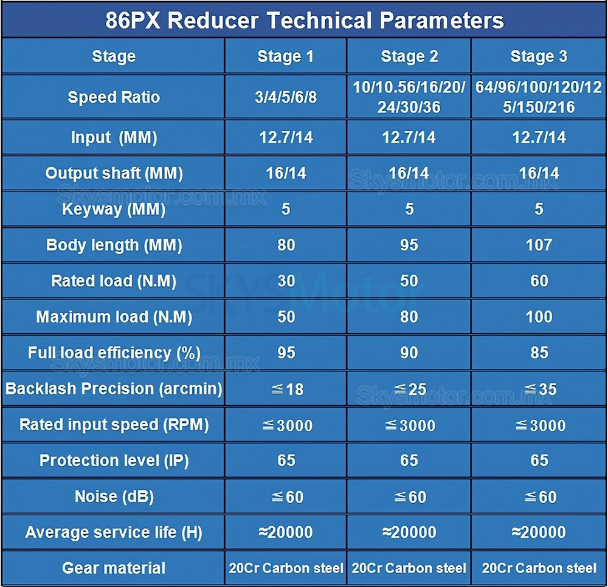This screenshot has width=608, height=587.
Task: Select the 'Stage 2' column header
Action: pos(409,57)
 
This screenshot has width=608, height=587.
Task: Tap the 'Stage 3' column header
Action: pos(539,57)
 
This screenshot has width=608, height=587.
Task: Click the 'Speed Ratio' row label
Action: pos(114,97)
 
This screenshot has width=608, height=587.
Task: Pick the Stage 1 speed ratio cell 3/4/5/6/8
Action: pos(286,97)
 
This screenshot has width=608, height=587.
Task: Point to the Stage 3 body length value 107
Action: pos(539,245)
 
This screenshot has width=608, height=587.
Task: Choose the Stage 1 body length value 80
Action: pos(286,245)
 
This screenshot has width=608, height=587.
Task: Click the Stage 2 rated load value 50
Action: pos(409,281)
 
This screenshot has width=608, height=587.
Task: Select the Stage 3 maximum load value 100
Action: pos(539,317)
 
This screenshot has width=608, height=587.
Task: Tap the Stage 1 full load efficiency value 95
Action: pos(286,352)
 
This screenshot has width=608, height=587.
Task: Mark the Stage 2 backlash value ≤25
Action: pos(409,389)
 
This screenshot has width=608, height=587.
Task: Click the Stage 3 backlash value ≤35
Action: pos(539,389)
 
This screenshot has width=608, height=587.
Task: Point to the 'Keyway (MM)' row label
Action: pos(114,209)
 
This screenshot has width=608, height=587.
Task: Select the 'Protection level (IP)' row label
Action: pos(114,461)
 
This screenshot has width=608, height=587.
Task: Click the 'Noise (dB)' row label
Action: pos(114,496)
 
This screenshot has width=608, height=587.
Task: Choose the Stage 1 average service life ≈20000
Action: pos(286,532)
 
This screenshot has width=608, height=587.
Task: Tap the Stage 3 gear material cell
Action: pos(539,568)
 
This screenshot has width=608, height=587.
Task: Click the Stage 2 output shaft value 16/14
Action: pos(409,173)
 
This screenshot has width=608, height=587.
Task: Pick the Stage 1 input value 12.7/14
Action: pos(286,137)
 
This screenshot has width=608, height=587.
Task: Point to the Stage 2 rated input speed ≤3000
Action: pos(409,425)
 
